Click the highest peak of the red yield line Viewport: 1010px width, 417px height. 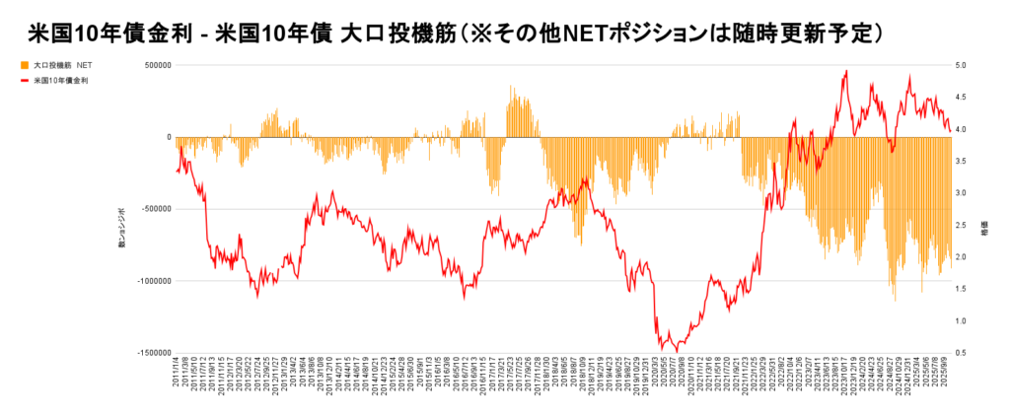[846, 70]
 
